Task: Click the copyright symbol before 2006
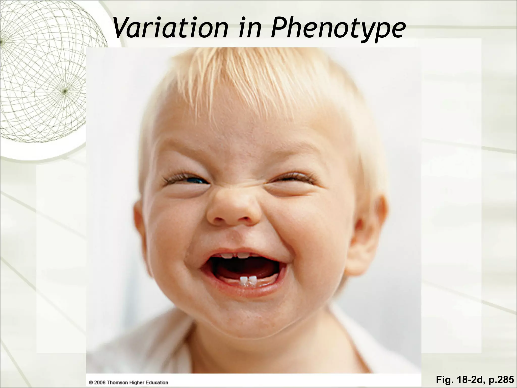click(x=91, y=383)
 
